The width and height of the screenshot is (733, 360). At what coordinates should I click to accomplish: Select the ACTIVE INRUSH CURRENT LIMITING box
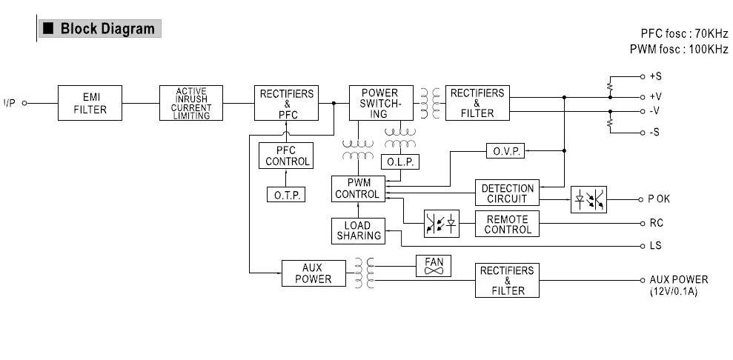pyautogui.click(x=191, y=104)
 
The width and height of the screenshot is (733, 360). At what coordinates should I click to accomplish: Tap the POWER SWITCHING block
pyautogui.click(x=379, y=104)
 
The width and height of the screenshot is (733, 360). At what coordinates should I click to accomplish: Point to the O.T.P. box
pyautogui.click(x=285, y=194)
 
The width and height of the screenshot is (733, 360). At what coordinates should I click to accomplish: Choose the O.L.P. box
pyautogui.click(x=400, y=161)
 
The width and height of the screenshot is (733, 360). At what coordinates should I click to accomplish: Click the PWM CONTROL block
pyautogui.click(x=357, y=188)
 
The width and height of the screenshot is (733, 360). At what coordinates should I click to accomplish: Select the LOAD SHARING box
pyautogui.click(x=359, y=230)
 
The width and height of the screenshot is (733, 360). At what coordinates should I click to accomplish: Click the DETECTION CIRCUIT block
pyautogui.click(x=507, y=193)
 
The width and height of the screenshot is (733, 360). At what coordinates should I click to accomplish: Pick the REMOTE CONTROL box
pyautogui.click(x=507, y=224)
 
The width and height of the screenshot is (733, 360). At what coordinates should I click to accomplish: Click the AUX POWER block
pyautogui.click(x=314, y=273)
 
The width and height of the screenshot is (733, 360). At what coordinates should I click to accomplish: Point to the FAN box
pyautogui.click(x=434, y=267)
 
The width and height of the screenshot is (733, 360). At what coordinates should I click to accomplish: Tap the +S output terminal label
pyautogui.click(x=656, y=76)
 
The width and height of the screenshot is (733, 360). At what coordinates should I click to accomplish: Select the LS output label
pyautogui.click(x=655, y=246)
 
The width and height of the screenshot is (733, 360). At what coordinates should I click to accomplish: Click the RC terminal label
pyautogui.click(x=655, y=223)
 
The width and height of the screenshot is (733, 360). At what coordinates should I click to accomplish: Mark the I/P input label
pyautogui.click(x=10, y=103)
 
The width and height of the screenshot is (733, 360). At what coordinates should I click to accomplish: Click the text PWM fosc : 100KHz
pyautogui.click(x=678, y=49)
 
